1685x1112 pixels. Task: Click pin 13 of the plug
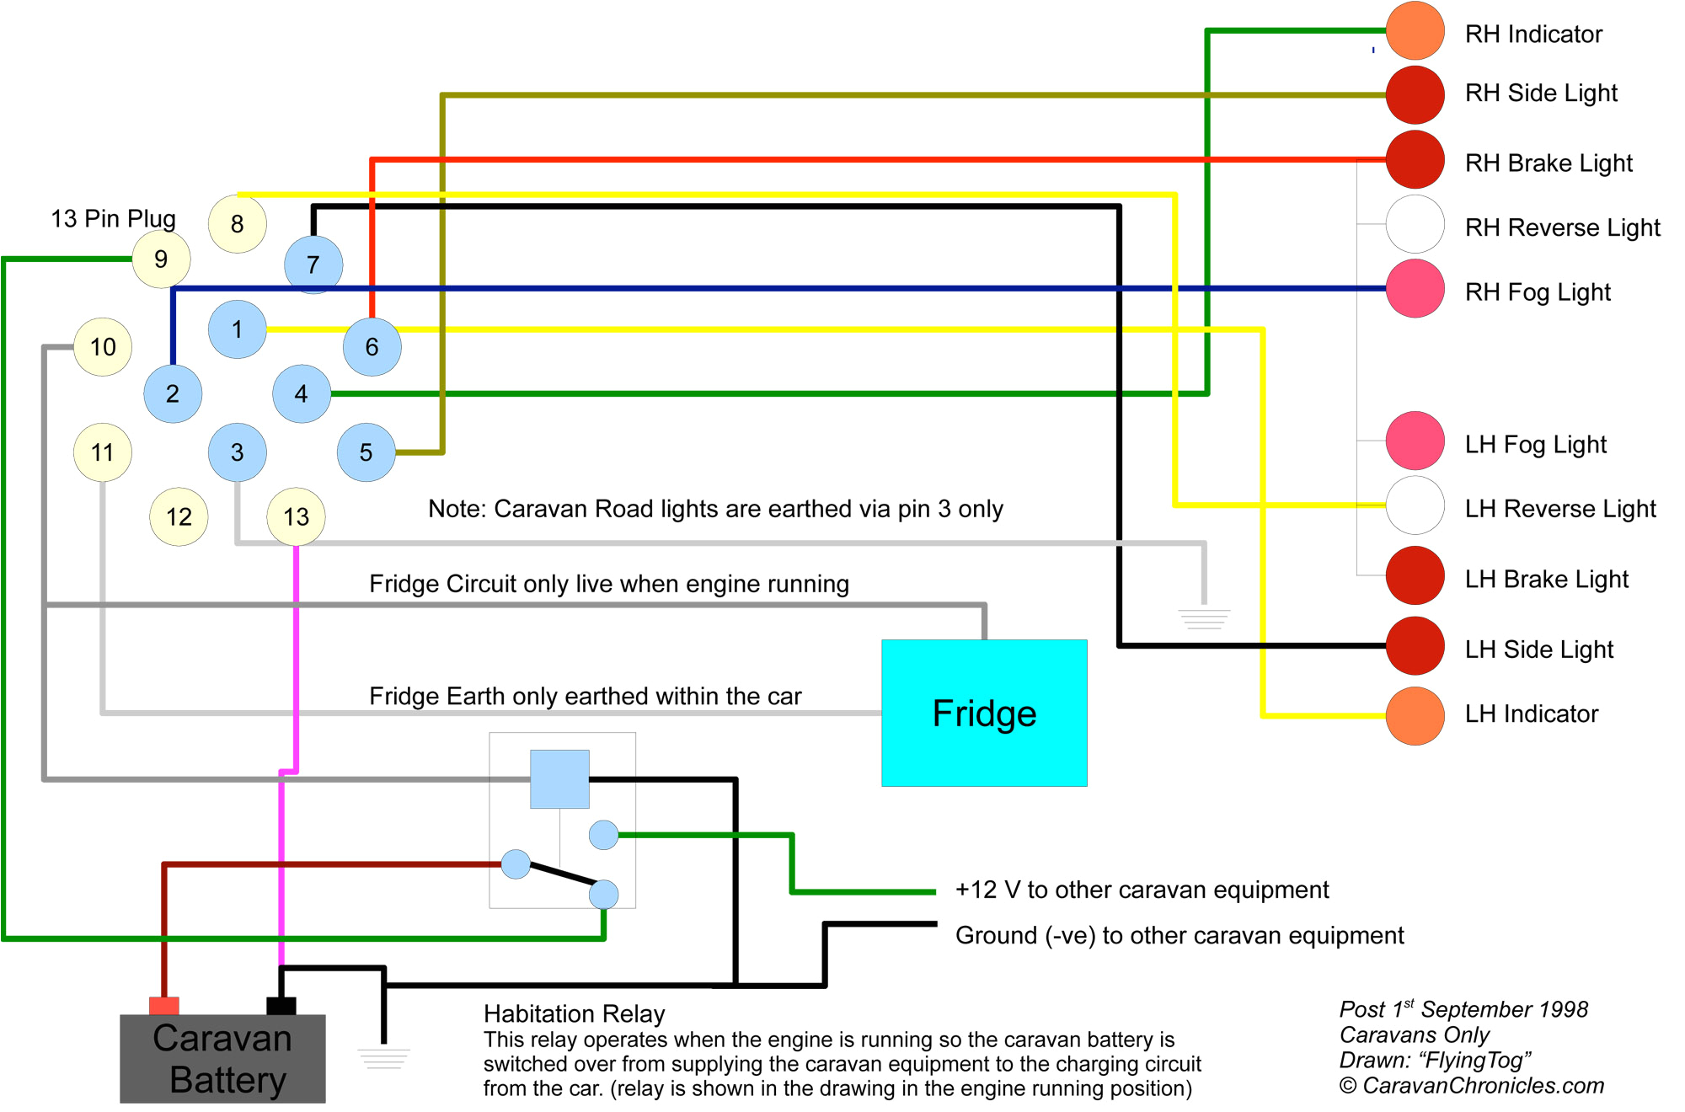pos(296,516)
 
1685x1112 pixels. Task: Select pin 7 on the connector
pos(313,265)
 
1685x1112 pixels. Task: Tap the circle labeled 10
pos(103,346)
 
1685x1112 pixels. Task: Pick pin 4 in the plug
pos(302,393)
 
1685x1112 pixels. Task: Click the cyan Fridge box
pos(984,713)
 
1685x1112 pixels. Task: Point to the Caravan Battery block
pos(222,1059)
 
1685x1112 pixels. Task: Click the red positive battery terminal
pos(163,1005)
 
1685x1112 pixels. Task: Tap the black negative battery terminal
pos(281,1005)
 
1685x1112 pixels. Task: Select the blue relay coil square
pos(559,778)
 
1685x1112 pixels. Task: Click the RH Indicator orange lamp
pos(1415,32)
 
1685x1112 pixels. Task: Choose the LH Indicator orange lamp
pos(1415,715)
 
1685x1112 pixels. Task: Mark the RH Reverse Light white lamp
pos(1415,224)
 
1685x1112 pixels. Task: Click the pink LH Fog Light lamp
pos(1415,441)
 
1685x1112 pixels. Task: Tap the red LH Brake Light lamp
pos(1415,575)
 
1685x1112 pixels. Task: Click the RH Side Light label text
pos(1541,93)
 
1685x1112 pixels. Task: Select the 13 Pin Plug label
pos(113,218)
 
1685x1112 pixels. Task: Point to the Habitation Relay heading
pos(574,1013)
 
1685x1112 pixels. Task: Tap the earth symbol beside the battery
pos(383,1058)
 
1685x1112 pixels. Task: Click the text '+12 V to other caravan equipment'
pos(1142,890)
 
